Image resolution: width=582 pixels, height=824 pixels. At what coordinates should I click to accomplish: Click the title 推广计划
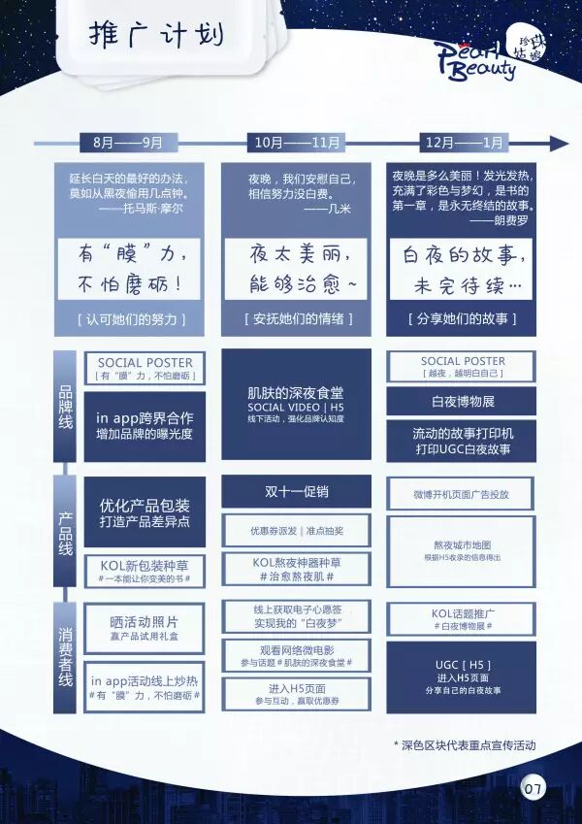pos(156,36)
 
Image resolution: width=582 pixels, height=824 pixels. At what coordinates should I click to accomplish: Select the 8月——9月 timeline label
pos(128,143)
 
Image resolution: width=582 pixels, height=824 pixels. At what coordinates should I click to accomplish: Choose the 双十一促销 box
pos(295,491)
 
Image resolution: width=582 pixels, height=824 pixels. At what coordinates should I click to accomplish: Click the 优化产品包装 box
pos(145,512)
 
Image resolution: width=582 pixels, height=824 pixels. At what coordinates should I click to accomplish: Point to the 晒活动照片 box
pos(145,627)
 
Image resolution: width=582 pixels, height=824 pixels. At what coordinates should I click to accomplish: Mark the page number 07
pos(533,787)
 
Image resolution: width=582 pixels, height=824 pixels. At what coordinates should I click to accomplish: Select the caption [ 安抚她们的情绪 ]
pos(297,319)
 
